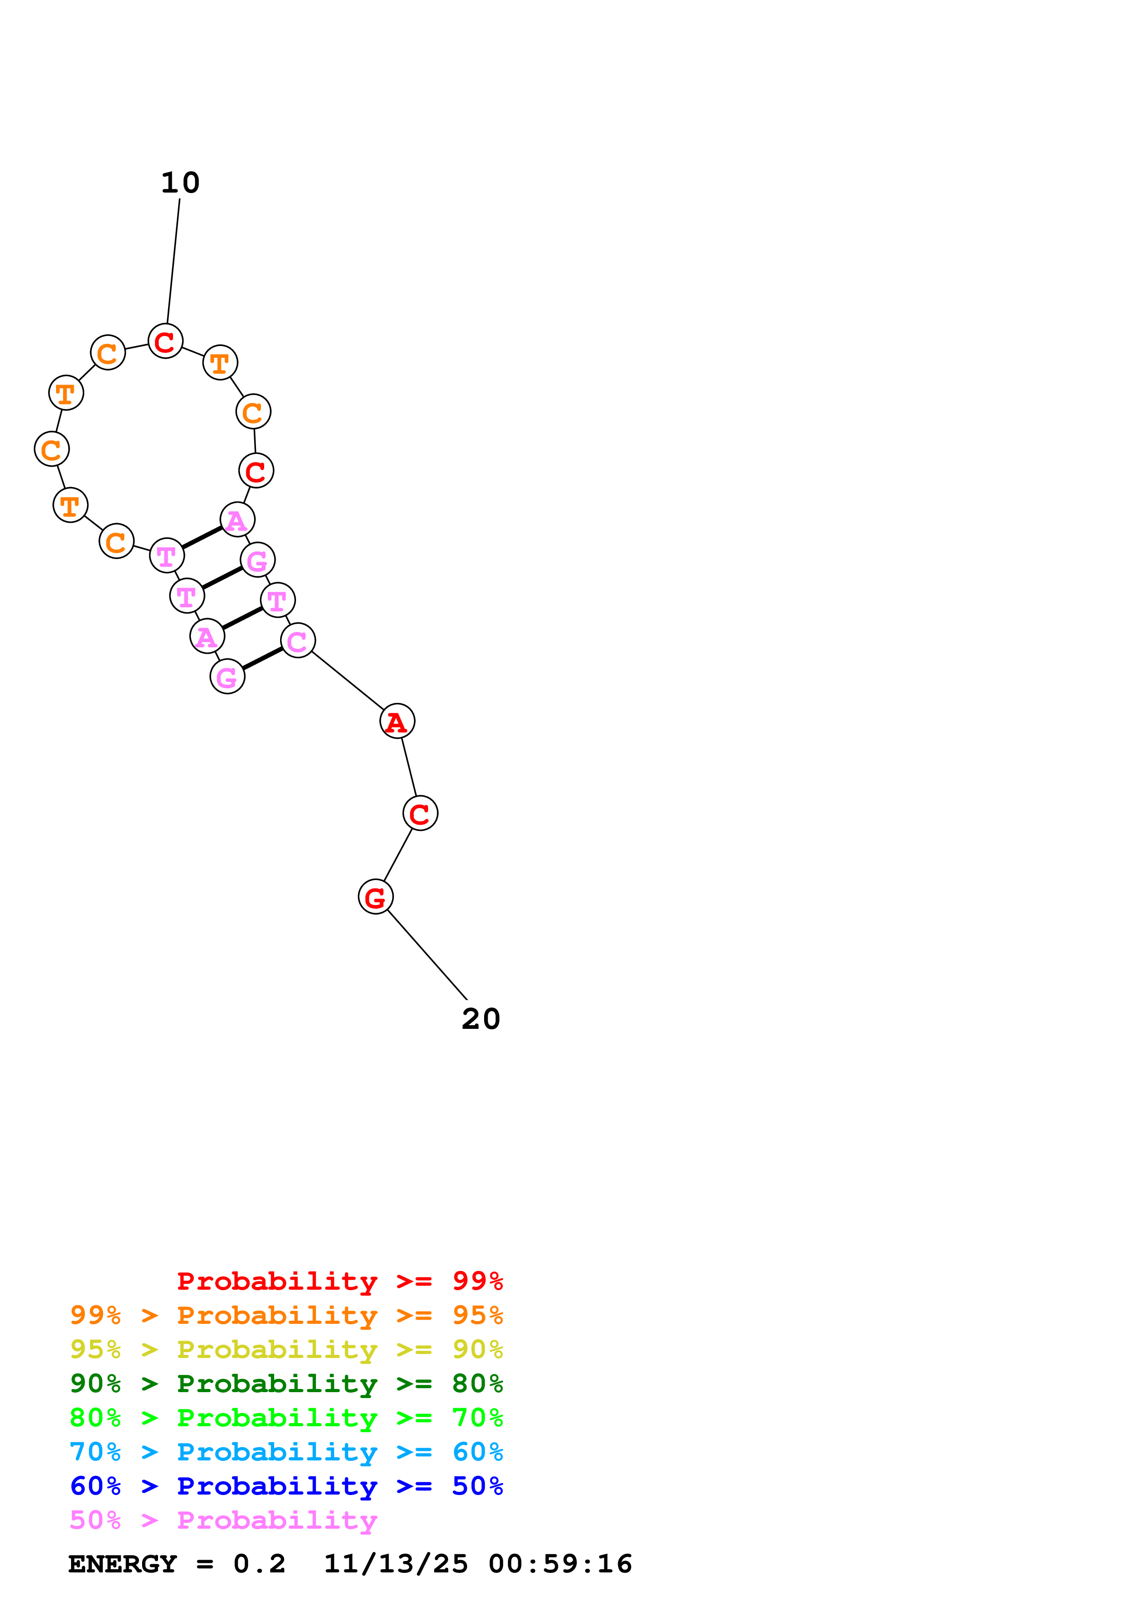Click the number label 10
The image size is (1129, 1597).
coord(180,183)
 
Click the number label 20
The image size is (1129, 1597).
coord(480,1019)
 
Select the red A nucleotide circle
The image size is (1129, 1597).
coord(397,721)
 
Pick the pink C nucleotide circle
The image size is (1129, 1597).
coord(298,641)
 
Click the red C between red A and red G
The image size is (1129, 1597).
coord(420,813)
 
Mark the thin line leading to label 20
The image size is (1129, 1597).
coord(427,954)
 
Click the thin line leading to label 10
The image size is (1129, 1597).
coord(173,261)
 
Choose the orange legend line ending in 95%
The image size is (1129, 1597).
coord(286,1315)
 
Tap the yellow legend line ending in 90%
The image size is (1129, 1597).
coord(286,1349)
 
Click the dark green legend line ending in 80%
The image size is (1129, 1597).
coord(286,1383)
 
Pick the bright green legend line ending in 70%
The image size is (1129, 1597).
coord(286,1418)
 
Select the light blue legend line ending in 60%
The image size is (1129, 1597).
coord(286,1452)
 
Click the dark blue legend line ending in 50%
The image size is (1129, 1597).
coord(286,1486)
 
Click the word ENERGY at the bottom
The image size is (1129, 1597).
coord(123,1564)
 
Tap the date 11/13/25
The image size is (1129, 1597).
coord(396,1564)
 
